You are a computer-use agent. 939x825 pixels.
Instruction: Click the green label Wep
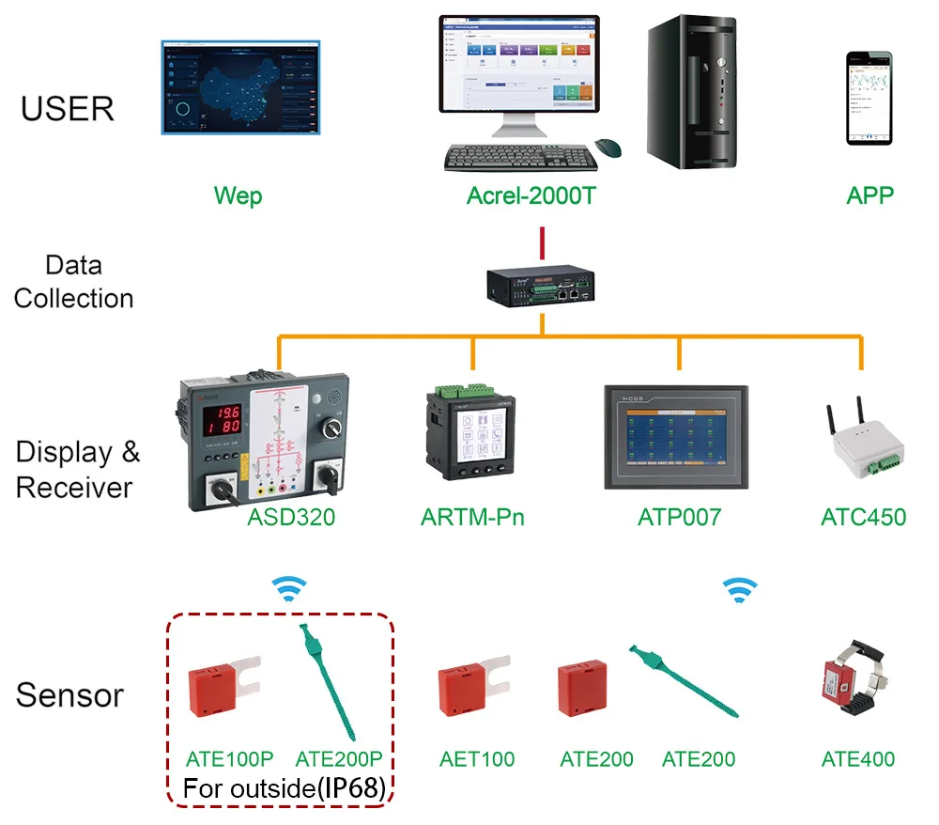pyautogui.click(x=238, y=196)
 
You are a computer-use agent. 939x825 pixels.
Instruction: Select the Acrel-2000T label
pyautogui.click(x=531, y=196)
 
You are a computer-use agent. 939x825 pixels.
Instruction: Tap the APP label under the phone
pyautogui.click(x=870, y=196)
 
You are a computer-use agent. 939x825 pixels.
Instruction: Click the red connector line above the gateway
pyautogui.click(x=541, y=241)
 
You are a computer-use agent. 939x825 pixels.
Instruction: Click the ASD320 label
pyautogui.click(x=291, y=517)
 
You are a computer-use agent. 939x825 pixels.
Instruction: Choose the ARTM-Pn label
pyautogui.click(x=472, y=517)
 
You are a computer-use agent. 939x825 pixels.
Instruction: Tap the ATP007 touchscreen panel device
pyautogui.click(x=675, y=436)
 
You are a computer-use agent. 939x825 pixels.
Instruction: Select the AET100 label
pyautogui.click(x=477, y=759)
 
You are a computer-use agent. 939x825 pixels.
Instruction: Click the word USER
pyautogui.click(x=68, y=109)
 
